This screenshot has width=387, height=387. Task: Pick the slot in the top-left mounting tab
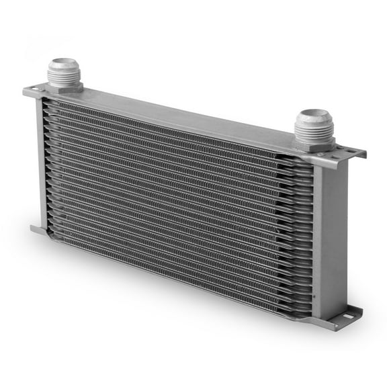pyautogui.click(x=33, y=89)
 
